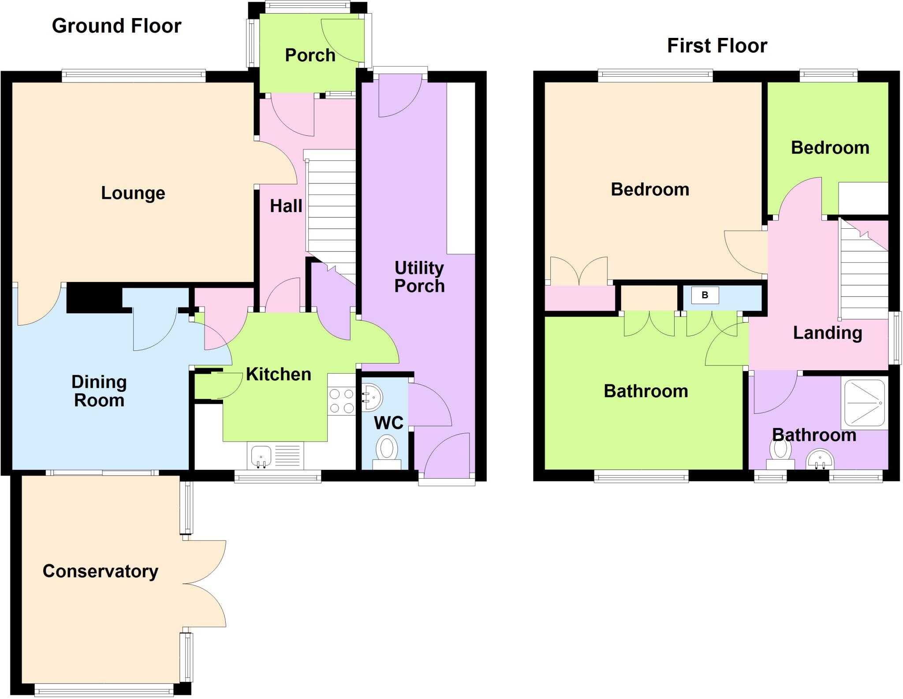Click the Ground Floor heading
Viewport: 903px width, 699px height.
tap(116, 26)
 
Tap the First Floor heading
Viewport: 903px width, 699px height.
tap(717, 46)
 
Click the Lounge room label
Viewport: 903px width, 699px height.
tap(133, 193)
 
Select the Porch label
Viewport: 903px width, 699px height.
tap(310, 56)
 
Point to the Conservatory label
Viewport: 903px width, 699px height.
tap(100, 571)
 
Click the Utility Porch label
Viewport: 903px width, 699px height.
tap(419, 277)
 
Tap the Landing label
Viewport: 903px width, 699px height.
tap(827, 333)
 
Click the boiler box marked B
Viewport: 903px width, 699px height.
tap(705, 295)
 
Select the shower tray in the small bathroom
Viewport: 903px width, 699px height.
tap(864, 403)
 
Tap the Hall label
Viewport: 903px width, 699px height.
tap(286, 206)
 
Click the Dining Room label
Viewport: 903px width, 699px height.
tap(99, 391)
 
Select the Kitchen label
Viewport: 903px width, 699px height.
tap(278, 375)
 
